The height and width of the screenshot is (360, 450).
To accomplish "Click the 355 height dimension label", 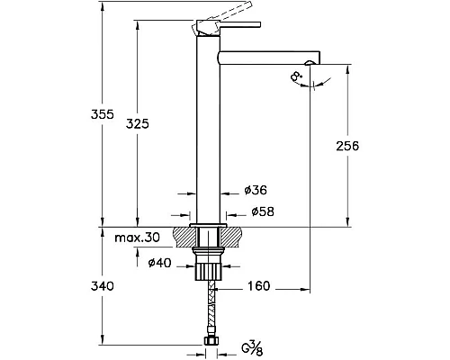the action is tap(103, 114).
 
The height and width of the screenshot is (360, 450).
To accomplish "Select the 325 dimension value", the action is tap(137, 123).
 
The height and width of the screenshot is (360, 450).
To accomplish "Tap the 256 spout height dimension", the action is tap(347, 146).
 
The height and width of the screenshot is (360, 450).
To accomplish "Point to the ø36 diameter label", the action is tap(256, 190).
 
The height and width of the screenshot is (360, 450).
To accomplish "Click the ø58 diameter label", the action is tap(263, 211).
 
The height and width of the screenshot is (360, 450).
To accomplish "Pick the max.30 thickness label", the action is tap(138, 238).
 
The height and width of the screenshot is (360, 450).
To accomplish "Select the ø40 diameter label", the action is tap(160, 263).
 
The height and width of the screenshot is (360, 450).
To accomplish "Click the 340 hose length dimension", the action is tap(103, 286).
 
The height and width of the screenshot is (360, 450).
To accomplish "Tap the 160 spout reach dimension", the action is tap(259, 286).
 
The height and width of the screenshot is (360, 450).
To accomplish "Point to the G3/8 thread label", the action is tap(252, 348).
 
